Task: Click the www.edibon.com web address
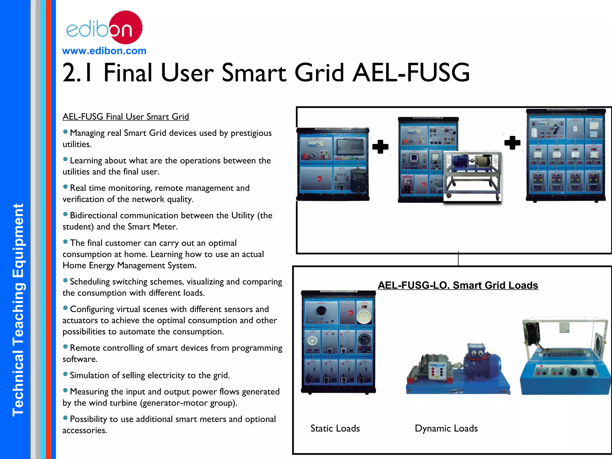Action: point(104,51)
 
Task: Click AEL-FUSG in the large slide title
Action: point(411,73)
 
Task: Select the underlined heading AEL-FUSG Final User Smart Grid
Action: point(126,117)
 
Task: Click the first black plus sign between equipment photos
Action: point(380,146)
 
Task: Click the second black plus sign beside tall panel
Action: point(512,143)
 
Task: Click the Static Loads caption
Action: point(335,428)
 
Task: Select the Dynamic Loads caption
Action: point(446,428)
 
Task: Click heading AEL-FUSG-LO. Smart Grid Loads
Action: point(458,285)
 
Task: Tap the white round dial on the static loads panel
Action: point(364,316)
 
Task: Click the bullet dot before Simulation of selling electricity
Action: point(65,374)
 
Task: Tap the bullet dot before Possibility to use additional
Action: point(65,418)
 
